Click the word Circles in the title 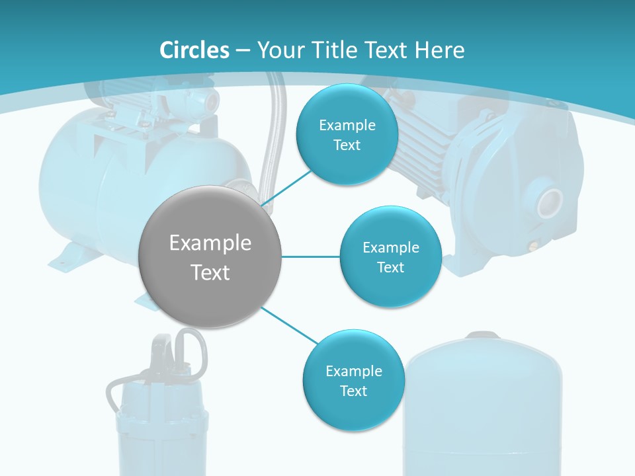point(194,50)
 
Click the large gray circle point(210,257)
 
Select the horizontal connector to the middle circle point(310,257)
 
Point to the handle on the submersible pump point(191,347)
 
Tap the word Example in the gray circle point(210,243)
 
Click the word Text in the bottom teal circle point(353,391)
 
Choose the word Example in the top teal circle point(347,125)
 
